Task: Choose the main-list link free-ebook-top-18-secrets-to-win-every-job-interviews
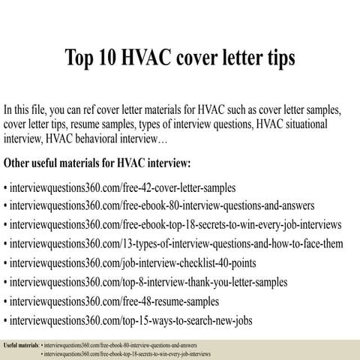pos(175,224)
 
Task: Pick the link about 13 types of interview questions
pos(177,244)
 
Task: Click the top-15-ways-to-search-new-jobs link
pos(130,321)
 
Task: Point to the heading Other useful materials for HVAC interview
pos(97,163)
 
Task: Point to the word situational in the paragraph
pos(327,122)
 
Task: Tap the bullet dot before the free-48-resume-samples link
pos(6,302)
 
